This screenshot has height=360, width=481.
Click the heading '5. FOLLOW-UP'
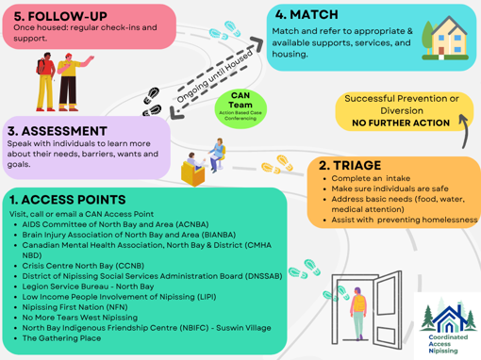(60, 16)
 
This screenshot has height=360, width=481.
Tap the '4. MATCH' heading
(307, 14)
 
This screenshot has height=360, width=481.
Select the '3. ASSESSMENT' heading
(58, 131)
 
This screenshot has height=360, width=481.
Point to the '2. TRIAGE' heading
(350, 165)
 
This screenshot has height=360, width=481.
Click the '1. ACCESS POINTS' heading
(68, 200)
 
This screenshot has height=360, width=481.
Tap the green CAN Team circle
(240, 108)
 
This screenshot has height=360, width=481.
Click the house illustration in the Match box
(445, 38)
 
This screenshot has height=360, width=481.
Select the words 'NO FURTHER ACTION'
(401, 123)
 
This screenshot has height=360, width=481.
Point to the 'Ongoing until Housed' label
(215, 76)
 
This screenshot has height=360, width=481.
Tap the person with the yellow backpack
(358, 313)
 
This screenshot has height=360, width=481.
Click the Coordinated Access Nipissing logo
(448, 327)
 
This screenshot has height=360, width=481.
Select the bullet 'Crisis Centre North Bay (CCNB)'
(83, 266)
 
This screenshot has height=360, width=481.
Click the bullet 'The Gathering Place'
(61, 338)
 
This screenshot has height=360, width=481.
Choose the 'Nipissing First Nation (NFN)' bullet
(75, 307)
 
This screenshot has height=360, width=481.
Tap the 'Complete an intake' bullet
(371, 178)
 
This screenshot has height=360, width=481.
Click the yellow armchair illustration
(192, 172)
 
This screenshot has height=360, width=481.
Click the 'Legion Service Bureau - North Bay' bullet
(88, 286)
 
